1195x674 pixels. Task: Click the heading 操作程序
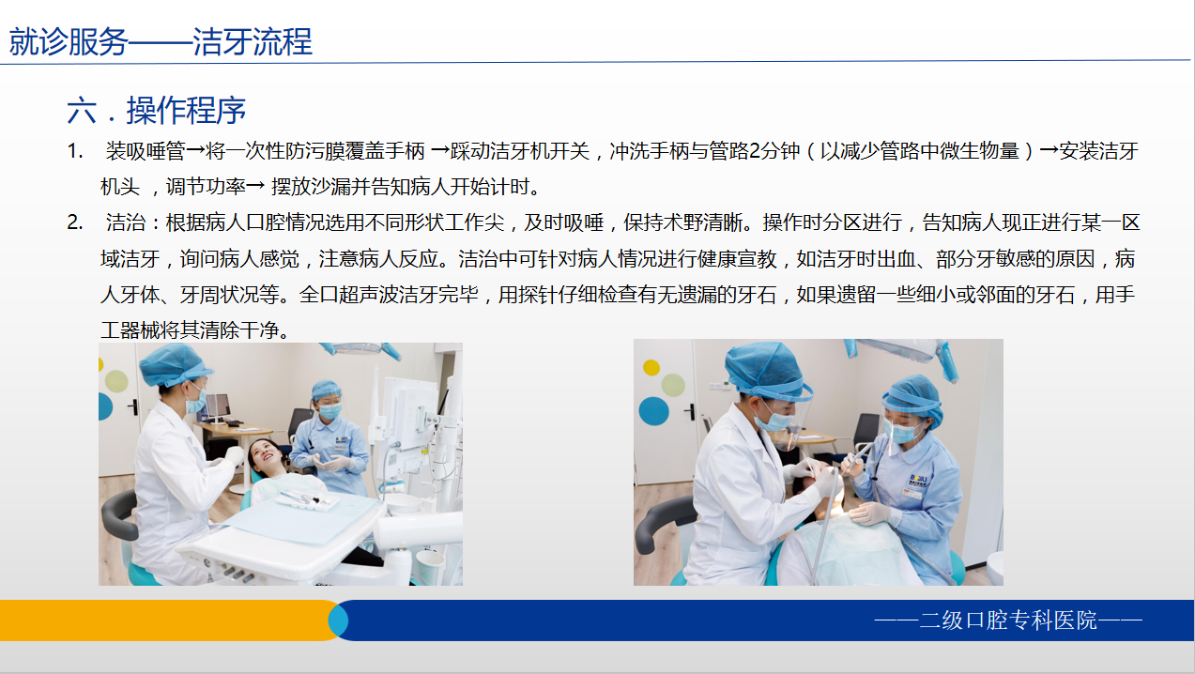186,111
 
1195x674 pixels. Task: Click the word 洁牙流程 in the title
252,41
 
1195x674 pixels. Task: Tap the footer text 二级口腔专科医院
1008,620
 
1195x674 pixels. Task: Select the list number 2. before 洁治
75,222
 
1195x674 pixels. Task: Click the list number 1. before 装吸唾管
75,151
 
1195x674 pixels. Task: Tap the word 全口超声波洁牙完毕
389,295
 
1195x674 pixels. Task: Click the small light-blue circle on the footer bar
338,620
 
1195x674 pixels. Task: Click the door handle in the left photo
135,407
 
